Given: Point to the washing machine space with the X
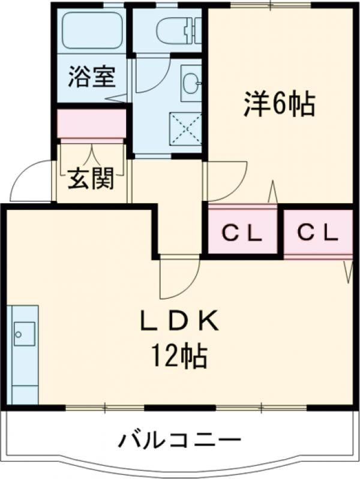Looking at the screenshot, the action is [x=185, y=128].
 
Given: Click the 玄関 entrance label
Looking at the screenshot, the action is [x=90, y=179].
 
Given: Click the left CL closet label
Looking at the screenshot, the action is [x=242, y=234].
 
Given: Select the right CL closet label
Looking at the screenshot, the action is [x=318, y=233].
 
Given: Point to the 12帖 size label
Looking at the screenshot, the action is [x=180, y=356].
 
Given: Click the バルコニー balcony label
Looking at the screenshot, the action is [x=180, y=440].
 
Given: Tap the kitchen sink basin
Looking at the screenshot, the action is [x=23, y=334].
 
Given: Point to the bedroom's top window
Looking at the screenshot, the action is [x=272, y=5].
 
